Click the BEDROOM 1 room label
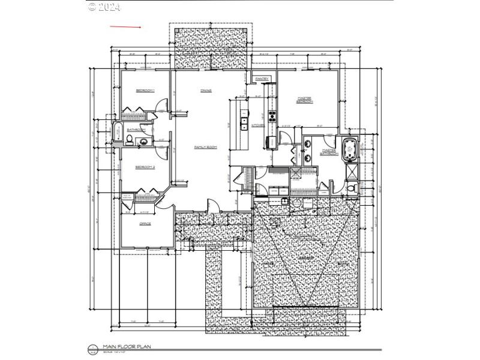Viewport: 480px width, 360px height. click(145, 91)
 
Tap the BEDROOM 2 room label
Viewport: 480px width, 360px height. click(145, 167)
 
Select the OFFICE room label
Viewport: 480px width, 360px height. click(145, 224)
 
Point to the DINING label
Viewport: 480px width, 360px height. click(205, 91)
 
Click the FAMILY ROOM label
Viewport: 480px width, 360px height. click(205, 147)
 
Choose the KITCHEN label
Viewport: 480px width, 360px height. click(257, 125)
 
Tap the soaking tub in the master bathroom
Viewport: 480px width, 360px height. click(349, 149)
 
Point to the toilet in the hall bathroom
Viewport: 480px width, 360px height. click(130, 140)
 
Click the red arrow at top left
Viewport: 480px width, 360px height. click(125, 27)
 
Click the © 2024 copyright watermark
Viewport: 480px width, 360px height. click(104, 7)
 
